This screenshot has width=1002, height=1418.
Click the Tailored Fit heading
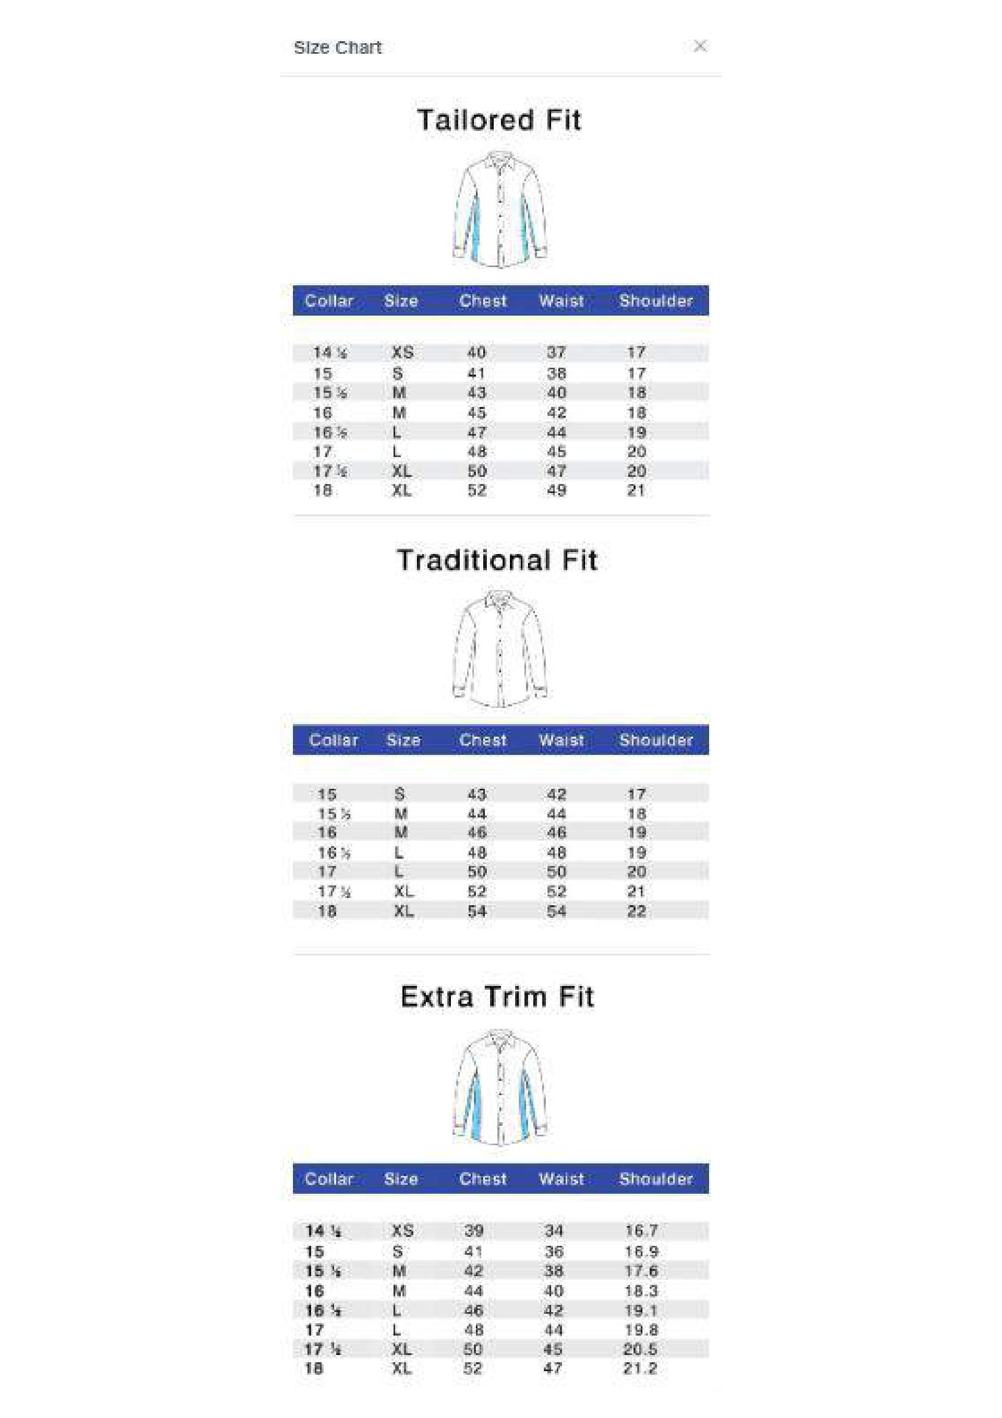[x=499, y=120]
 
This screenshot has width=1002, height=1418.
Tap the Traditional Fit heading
[x=497, y=560]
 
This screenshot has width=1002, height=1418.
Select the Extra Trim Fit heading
[x=497, y=997]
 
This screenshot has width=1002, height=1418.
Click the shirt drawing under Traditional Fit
[x=500, y=649]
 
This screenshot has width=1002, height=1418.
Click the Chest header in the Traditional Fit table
[x=483, y=740]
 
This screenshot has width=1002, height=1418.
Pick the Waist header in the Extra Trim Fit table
[x=560, y=1179]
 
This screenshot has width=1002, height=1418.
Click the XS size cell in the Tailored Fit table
[x=402, y=353]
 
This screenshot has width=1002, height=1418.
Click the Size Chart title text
[x=338, y=48]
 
